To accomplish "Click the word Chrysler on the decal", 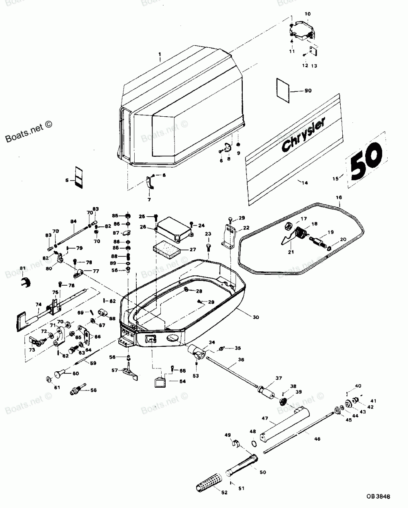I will tap(303, 135).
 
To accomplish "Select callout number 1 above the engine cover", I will tap(160, 54).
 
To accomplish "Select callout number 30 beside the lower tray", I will tap(255, 317).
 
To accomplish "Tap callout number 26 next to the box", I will tap(142, 227).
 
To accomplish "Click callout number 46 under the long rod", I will tap(317, 439).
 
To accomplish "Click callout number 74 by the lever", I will tap(39, 304).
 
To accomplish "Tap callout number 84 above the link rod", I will tap(73, 222).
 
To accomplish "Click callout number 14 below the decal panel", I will tap(302, 183).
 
